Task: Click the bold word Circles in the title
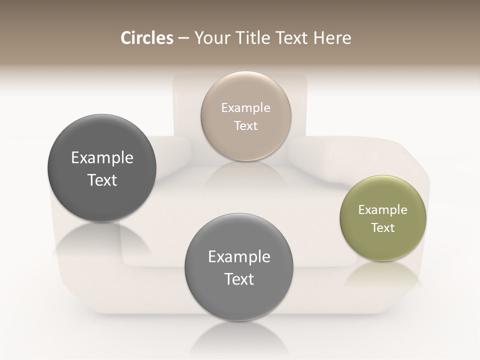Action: pos(147,38)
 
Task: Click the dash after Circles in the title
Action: pos(183,38)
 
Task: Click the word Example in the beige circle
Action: pos(245,108)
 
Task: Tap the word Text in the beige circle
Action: pos(245,126)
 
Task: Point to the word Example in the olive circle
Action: pos(382,210)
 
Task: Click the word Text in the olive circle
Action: pos(382,228)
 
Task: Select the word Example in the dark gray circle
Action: pos(102,158)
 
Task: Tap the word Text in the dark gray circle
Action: pos(102,180)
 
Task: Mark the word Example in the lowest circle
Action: pos(239,257)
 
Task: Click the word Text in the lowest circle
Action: pos(239,279)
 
